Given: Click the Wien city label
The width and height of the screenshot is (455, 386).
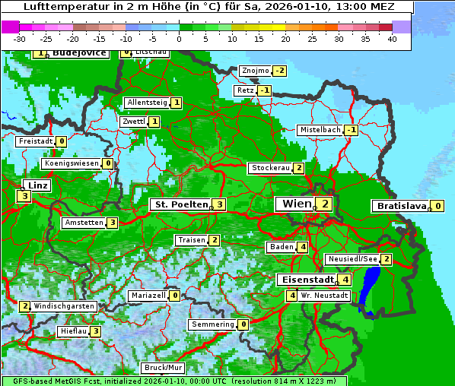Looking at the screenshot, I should [x=296, y=204].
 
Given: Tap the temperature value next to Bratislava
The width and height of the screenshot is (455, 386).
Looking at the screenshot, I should [x=437, y=206].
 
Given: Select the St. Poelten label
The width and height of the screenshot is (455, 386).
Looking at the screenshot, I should [x=180, y=204].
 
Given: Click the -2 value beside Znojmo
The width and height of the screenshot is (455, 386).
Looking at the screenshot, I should [x=280, y=71].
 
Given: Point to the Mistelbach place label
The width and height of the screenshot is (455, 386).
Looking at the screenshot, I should [x=320, y=130].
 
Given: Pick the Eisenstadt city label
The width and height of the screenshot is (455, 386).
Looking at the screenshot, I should [x=303, y=280].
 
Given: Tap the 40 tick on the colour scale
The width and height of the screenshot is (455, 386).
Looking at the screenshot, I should [x=392, y=39].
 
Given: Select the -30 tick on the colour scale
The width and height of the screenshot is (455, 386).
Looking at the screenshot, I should [x=20, y=39].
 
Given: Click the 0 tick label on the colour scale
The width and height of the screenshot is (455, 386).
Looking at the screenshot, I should [x=179, y=39].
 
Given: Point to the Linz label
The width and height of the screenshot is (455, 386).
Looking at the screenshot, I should [x=38, y=185].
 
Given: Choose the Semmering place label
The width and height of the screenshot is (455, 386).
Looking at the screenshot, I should [x=213, y=324].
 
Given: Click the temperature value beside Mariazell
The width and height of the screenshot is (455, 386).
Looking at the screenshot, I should [x=175, y=296].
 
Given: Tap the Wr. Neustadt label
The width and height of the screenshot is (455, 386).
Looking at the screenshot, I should [x=324, y=295].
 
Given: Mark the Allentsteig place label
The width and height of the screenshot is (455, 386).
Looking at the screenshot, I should [x=148, y=103].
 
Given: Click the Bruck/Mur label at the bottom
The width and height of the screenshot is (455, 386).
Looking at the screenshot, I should [x=164, y=368].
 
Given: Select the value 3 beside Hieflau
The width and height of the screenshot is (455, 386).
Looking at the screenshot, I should [x=95, y=331].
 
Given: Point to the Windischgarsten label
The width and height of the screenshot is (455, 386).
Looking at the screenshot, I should [x=64, y=306].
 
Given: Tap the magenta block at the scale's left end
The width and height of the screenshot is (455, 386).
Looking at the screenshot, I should [x=11, y=27].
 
